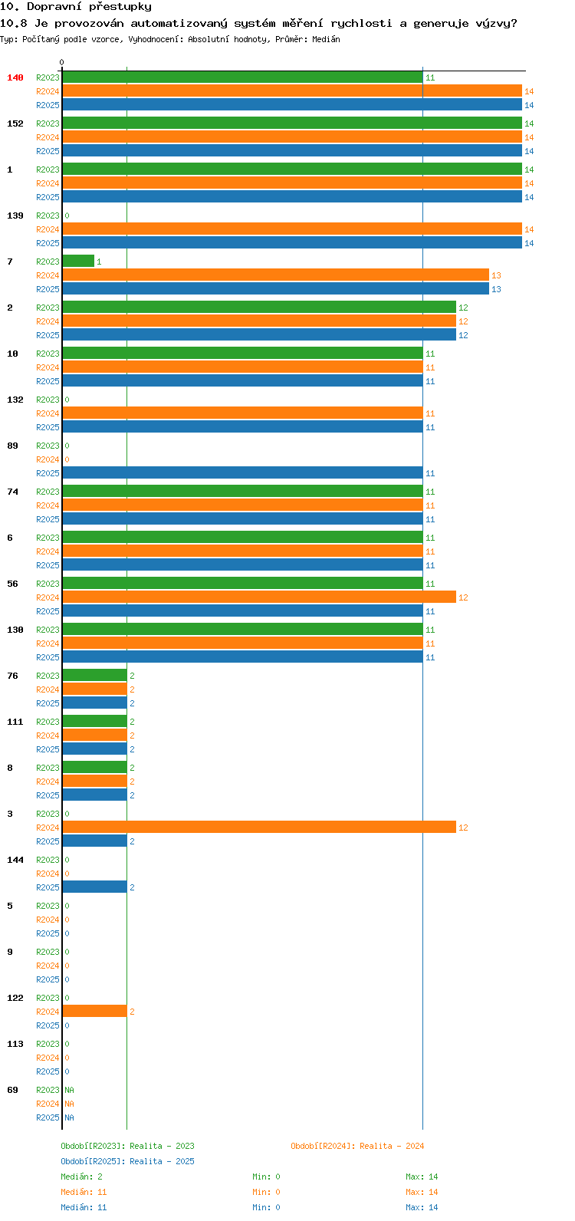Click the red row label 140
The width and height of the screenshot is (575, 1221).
[x=15, y=77]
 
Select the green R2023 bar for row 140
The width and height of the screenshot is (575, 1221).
[x=242, y=77]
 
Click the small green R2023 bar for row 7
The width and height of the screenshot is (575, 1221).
[x=77, y=262]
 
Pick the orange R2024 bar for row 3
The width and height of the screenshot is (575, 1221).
[x=258, y=828]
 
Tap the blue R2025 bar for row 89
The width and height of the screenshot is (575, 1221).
[x=242, y=473]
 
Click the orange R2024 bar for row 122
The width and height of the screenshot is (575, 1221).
[x=94, y=1012]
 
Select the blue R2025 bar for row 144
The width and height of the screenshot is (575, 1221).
[x=94, y=887]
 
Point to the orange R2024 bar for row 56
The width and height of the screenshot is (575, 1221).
[x=258, y=597]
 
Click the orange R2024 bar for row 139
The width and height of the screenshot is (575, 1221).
[x=291, y=229]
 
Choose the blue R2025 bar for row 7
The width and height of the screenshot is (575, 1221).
[x=274, y=289]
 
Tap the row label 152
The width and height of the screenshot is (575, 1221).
[x=15, y=123]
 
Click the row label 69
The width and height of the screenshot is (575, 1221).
[x=12, y=1090]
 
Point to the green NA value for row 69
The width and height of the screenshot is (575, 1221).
[x=69, y=1090]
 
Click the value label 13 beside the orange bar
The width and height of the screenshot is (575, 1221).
[x=496, y=275]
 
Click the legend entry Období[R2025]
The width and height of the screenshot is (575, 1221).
[x=93, y=1161]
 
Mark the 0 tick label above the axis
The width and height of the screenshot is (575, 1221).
[x=62, y=62]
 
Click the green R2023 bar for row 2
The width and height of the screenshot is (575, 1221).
[x=258, y=308]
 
